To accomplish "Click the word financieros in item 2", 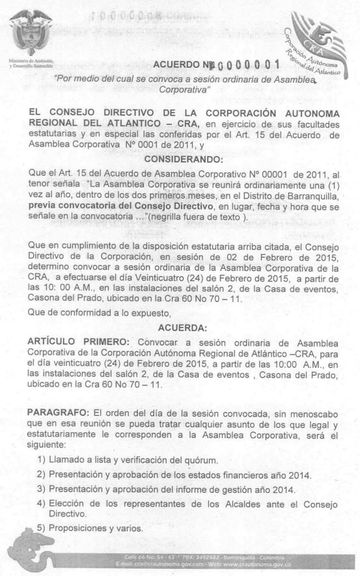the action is [x=256, y=474].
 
